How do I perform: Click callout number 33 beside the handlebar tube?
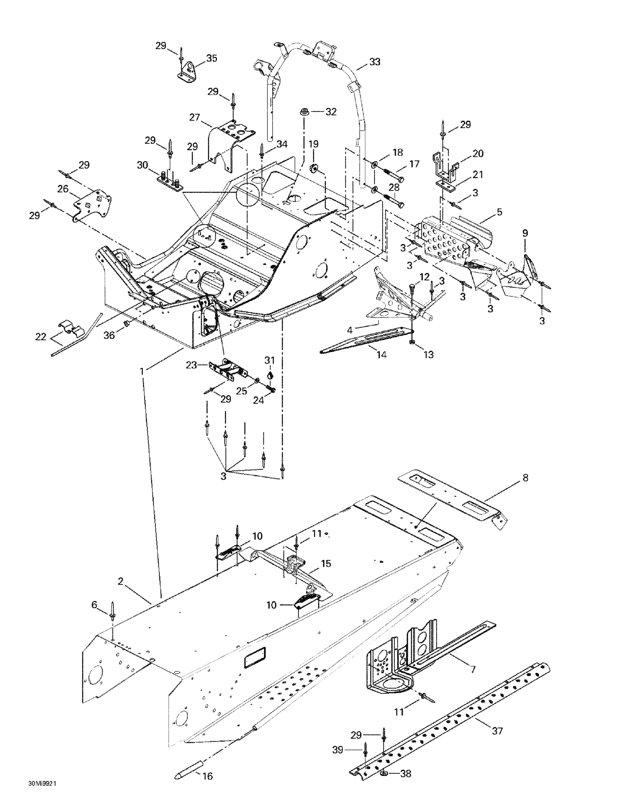click(x=375, y=62)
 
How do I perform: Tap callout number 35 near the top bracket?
click(x=212, y=58)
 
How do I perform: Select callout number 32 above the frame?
click(x=331, y=112)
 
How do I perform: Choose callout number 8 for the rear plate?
click(x=525, y=478)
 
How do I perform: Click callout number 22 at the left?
click(x=41, y=337)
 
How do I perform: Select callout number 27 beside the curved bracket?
click(x=194, y=118)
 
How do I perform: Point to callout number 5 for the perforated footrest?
click(x=499, y=212)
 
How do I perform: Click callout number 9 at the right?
click(x=525, y=233)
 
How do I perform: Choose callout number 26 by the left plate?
click(x=63, y=189)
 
